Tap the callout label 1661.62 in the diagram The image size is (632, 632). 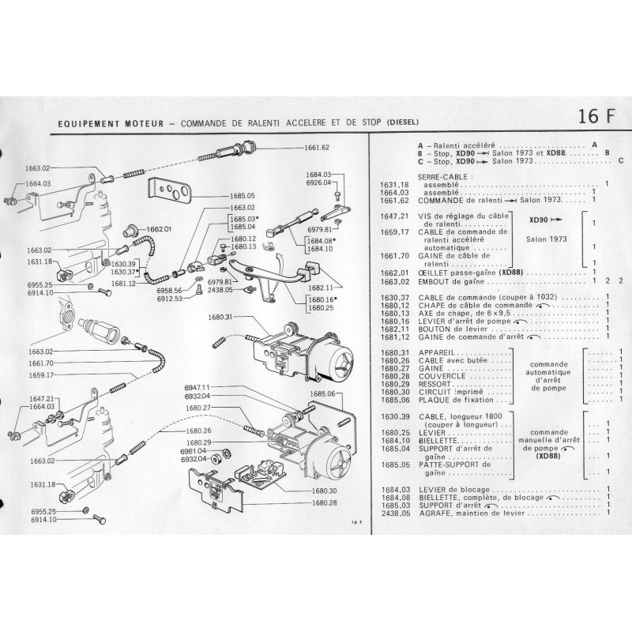[315, 148]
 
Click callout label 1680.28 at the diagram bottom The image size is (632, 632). [325, 502]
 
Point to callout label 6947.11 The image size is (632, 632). [196, 387]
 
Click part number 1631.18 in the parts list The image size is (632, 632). [393, 184]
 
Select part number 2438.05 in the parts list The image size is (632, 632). [393, 512]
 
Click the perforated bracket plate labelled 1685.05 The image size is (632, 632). [171, 193]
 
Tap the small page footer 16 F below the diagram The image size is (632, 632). [355, 523]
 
